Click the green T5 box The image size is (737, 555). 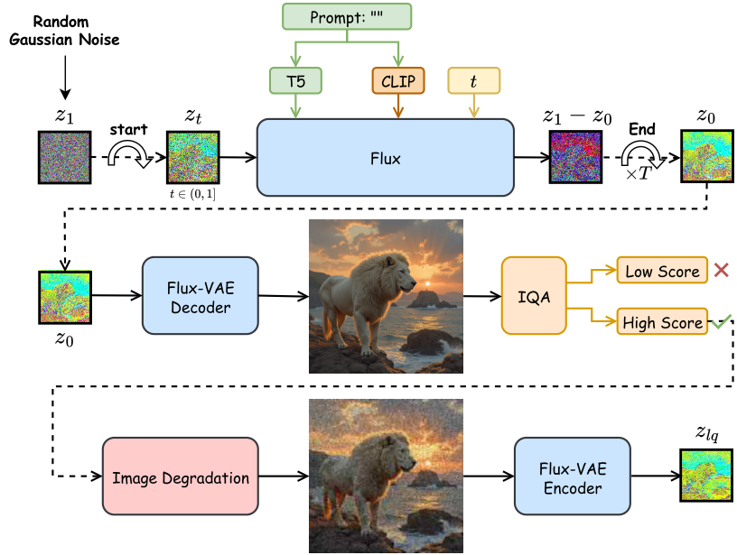295,80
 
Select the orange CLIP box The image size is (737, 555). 398,80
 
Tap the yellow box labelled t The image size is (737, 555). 474,80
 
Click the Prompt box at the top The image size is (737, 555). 347,17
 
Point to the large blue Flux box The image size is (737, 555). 386,157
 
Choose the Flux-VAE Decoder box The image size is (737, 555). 201,296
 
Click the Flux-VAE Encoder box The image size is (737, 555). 573,476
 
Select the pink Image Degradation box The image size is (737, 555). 181,476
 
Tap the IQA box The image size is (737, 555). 534,296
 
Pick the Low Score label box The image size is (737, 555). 662,270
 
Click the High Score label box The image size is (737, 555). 662,321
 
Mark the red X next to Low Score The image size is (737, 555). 722,270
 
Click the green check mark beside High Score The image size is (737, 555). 722,321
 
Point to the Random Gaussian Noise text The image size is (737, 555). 64,31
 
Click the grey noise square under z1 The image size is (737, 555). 64,157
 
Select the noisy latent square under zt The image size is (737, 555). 193,157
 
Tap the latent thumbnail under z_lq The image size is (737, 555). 706,476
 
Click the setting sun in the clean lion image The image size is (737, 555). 428,284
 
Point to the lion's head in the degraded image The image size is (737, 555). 393,450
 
